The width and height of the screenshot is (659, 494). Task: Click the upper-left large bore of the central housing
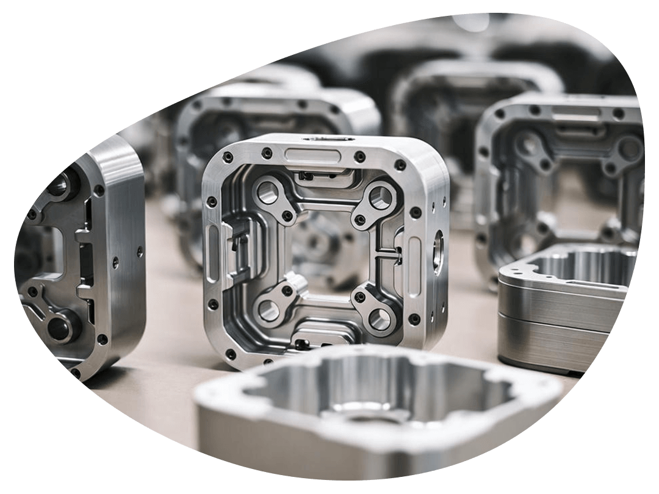click(x=267, y=193)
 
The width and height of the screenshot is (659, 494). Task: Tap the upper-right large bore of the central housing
click(x=381, y=196)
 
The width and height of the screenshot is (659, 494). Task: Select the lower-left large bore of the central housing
click(x=268, y=309)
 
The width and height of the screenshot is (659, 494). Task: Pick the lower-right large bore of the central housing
click(x=379, y=317)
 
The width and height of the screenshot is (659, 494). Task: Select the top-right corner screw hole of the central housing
click(x=400, y=165)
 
